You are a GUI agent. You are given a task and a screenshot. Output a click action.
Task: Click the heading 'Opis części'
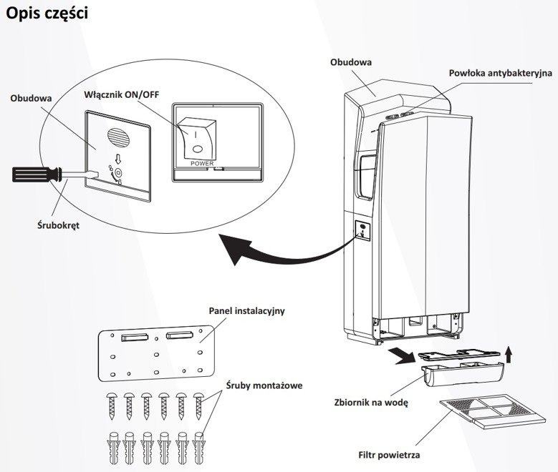click(x=47, y=14)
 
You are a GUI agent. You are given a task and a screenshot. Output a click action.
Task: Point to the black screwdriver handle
click(x=33, y=172)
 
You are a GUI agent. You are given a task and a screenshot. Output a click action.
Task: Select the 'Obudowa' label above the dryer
click(x=350, y=62)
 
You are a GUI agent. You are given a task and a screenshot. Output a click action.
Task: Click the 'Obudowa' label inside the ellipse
click(x=31, y=99)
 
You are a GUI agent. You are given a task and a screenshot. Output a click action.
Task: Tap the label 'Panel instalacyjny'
click(x=247, y=311)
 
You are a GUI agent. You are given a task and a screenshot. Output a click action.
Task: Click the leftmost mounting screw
click(x=113, y=408)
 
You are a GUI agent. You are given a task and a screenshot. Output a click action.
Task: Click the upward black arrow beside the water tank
click(x=508, y=353)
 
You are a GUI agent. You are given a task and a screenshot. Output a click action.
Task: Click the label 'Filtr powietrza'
click(x=389, y=455)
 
